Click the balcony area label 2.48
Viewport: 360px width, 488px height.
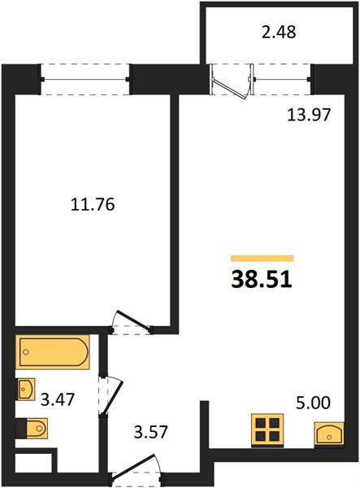[x=279, y=32]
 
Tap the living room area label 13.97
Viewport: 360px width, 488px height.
[x=308, y=115]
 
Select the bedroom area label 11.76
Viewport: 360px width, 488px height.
[x=93, y=205]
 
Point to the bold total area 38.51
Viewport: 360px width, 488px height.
[x=262, y=280]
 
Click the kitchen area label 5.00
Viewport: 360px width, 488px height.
[x=313, y=403]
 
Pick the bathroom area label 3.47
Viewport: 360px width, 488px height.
[x=58, y=399]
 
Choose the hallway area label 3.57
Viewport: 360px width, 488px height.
[x=151, y=432]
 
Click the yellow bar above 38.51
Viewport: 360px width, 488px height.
[x=262, y=259]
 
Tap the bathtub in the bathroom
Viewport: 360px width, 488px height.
[x=53, y=352]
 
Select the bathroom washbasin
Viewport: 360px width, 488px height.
[x=25, y=389]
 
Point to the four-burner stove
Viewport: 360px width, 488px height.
[x=267, y=430]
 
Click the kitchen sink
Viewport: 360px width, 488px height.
[x=329, y=434]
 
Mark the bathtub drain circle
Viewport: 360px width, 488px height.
[x=26, y=352]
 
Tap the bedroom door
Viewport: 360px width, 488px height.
[x=132, y=321]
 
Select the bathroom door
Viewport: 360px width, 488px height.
[x=111, y=395]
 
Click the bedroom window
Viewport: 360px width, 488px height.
[x=85, y=80]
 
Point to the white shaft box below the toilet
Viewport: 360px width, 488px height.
[x=33, y=463]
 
